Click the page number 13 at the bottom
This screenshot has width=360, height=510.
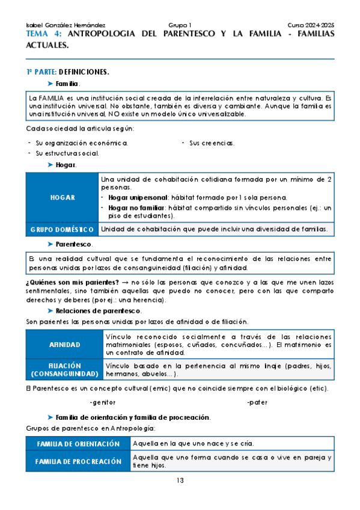coord(180,480)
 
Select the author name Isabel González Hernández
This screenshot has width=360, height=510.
coord(66,25)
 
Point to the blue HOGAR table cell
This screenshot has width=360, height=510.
coord(62,197)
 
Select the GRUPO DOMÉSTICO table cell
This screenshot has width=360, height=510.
coord(62,229)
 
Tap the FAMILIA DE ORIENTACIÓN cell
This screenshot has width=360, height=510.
coord(78,443)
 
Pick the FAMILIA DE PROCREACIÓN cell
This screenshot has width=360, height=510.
coord(78,461)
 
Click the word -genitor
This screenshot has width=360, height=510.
coord(102,402)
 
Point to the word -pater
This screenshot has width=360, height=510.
coord(257,402)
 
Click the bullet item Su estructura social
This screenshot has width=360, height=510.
coord(67,153)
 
